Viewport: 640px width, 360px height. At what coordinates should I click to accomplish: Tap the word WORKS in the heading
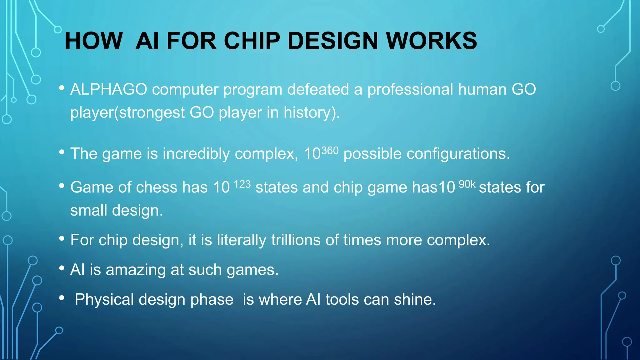click(432, 41)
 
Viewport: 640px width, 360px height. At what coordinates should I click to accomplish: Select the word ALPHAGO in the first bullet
click(109, 89)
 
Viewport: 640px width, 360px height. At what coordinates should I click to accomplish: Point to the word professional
click(410, 89)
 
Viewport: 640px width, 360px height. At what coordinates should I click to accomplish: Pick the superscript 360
click(330, 151)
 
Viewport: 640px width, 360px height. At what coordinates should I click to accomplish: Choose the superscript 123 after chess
click(242, 184)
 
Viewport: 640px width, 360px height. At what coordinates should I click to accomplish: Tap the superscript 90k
click(467, 184)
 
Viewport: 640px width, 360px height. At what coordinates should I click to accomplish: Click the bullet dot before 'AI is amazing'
click(62, 268)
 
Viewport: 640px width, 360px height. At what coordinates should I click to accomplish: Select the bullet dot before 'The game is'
click(62, 152)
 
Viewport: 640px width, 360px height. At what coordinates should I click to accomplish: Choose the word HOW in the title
click(93, 41)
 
